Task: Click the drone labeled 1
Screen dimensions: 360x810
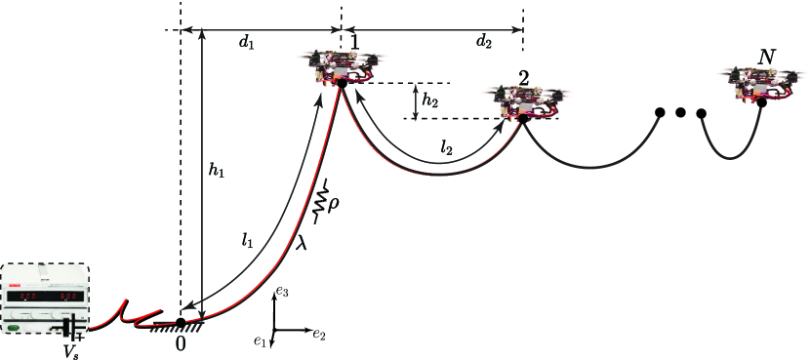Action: [341, 67]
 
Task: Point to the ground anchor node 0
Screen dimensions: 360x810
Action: [181, 322]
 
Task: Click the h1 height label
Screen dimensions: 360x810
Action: [216, 172]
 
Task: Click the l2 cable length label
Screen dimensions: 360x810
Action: [446, 148]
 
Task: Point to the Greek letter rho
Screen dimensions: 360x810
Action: [334, 207]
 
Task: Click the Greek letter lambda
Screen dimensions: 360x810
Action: [303, 246]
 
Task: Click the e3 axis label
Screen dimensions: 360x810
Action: [283, 291]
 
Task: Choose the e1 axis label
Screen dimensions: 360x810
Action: [259, 341]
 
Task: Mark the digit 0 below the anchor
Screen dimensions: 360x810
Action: [181, 343]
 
